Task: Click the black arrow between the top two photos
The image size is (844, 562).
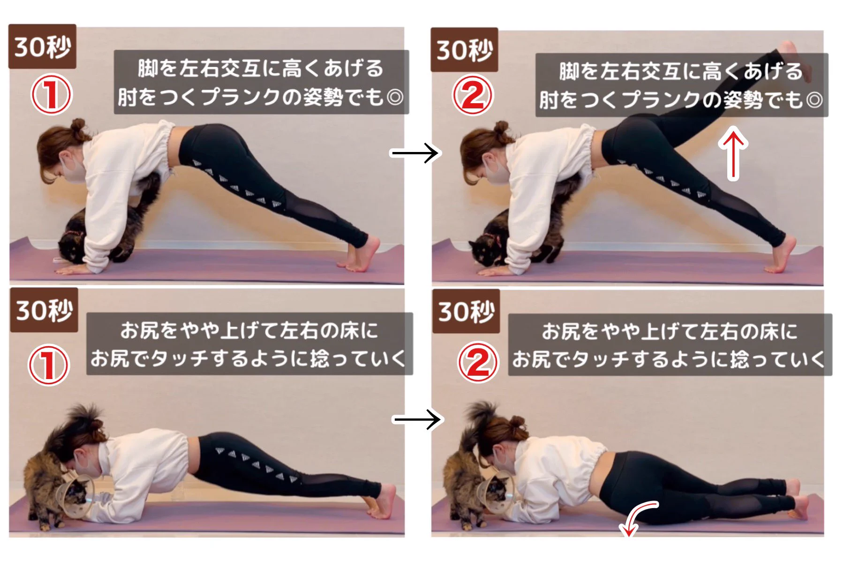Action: point(414,153)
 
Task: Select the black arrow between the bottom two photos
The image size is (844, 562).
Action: point(416,419)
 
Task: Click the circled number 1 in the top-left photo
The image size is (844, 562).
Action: point(51,94)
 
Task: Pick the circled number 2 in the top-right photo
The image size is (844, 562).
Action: point(473,95)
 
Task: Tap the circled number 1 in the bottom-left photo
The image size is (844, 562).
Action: point(49,365)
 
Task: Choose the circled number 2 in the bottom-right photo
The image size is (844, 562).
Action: point(478,362)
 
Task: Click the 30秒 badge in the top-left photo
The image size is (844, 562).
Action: point(42,46)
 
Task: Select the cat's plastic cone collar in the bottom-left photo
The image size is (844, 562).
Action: point(73,493)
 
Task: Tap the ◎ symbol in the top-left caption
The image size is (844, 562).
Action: point(395,98)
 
